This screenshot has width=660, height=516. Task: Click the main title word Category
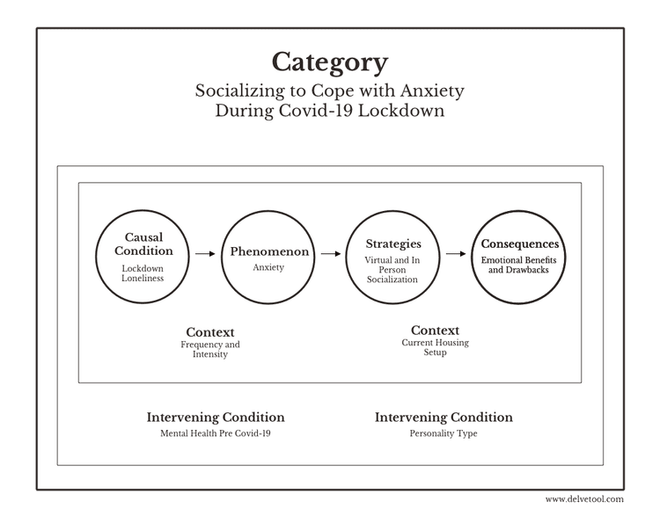point(330,62)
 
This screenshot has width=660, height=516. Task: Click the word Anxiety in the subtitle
point(432,91)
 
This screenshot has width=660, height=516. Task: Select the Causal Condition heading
point(143,243)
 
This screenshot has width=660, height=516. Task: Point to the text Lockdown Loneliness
point(143,273)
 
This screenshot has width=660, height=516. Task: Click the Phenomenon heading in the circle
point(269,251)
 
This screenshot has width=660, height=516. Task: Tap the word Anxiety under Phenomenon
point(268,267)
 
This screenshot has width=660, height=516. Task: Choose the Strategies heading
point(393,244)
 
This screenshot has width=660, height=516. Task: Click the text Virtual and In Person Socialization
point(392,270)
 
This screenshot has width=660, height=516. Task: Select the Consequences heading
point(520,243)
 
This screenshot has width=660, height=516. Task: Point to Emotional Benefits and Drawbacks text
point(518,265)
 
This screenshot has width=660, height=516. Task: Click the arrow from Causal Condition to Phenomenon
point(205,253)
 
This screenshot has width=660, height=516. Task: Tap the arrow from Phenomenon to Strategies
point(331,253)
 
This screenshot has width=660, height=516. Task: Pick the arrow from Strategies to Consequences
point(456,253)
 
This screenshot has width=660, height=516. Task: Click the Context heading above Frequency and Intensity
point(210,332)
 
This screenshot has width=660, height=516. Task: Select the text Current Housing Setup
point(436,347)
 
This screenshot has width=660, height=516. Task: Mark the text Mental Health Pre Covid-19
point(216,433)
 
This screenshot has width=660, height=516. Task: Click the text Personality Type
point(444,433)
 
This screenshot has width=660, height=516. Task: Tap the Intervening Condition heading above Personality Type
point(444,418)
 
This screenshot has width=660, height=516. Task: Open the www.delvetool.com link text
point(584,499)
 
